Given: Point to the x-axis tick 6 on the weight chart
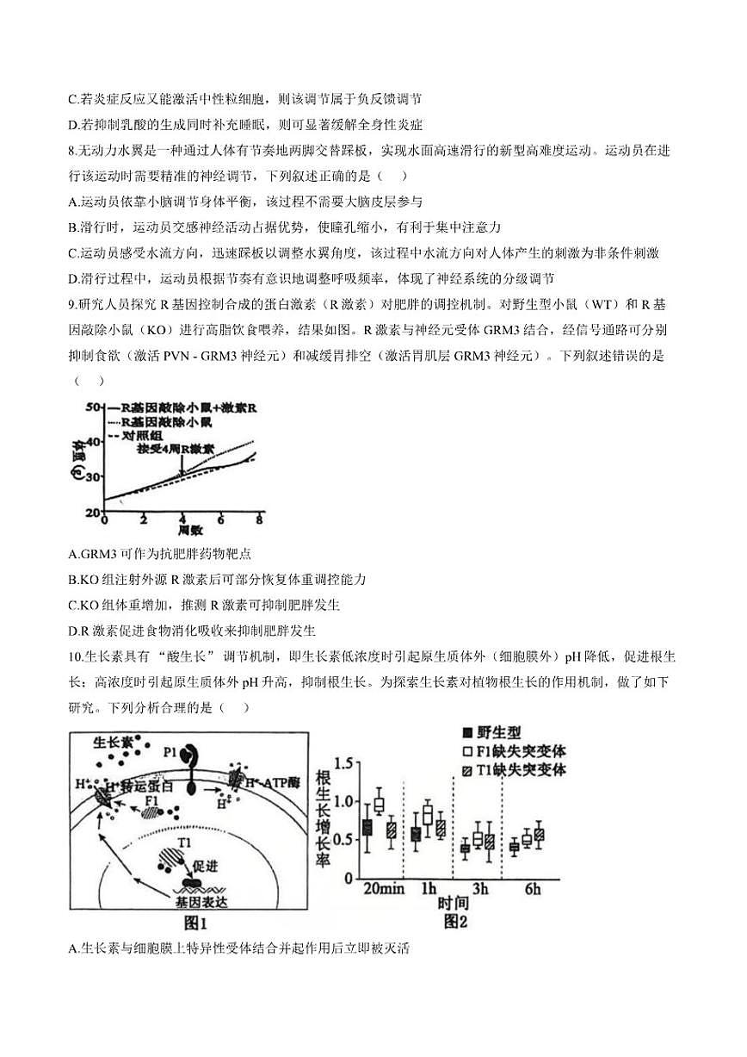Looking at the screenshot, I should point(220,521).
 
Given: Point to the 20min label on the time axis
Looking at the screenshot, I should point(384,889).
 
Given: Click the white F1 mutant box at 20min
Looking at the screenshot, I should point(380,805).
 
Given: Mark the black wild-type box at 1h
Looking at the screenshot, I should point(416,834).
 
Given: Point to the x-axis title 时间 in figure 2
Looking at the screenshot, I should point(454,905).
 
